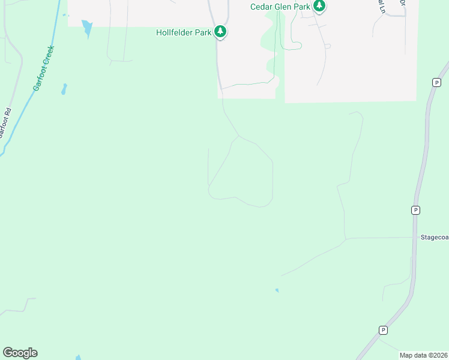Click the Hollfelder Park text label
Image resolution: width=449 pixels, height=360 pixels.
point(184,33)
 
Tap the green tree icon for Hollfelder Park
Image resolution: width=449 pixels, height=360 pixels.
point(220,31)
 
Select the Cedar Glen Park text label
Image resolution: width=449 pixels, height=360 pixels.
point(280,7)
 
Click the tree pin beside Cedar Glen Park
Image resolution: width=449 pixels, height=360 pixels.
point(320,6)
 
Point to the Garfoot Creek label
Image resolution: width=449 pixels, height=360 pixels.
point(43,68)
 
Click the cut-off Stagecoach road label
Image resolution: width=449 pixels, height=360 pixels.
point(434,238)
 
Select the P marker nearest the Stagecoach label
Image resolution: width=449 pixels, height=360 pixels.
point(415,210)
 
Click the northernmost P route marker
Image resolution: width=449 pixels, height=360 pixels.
point(436,82)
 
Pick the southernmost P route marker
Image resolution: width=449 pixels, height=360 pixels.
point(383,330)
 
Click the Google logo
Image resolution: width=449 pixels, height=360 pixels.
point(20,353)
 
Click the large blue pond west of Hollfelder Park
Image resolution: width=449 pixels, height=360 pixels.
point(88,28)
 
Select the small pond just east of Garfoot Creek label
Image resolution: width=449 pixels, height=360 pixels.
point(64,90)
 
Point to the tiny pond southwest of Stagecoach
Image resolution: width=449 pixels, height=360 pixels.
point(277,291)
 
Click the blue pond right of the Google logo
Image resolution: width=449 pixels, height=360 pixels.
point(78,358)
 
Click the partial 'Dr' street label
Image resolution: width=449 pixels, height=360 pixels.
point(402,3)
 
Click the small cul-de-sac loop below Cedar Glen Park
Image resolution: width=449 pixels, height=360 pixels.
point(327,46)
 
